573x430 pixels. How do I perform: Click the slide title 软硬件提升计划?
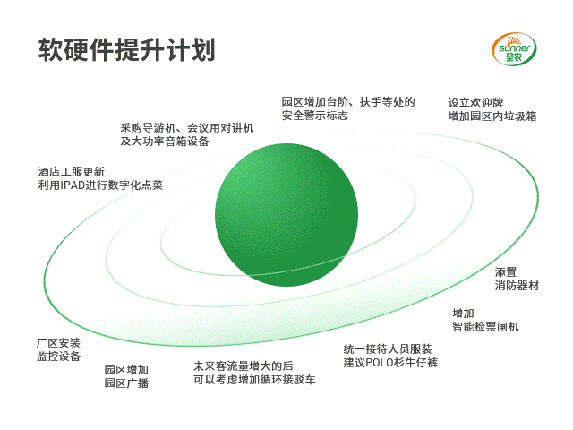(126, 49)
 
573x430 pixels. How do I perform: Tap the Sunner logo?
(514, 49)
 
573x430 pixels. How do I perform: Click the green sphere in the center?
(286, 215)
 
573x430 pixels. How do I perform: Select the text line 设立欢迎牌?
(475, 103)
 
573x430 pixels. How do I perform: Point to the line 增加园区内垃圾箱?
(492, 116)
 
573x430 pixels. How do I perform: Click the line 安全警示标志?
(314, 116)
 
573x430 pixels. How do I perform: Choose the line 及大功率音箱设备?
(165, 142)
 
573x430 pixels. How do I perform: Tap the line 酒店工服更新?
(72, 171)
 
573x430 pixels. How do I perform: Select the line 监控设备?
(58, 357)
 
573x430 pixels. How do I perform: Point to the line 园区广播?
(126, 383)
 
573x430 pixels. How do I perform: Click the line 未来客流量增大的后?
(244, 366)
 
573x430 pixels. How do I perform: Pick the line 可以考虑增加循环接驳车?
(254, 380)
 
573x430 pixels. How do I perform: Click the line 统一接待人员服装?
(388, 348)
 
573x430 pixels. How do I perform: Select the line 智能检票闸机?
(485, 326)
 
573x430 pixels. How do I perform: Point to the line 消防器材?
(517, 286)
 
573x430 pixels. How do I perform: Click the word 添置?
(506, 272)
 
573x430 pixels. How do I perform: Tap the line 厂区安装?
(58, 342)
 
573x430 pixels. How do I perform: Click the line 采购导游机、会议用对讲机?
(187, 127)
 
